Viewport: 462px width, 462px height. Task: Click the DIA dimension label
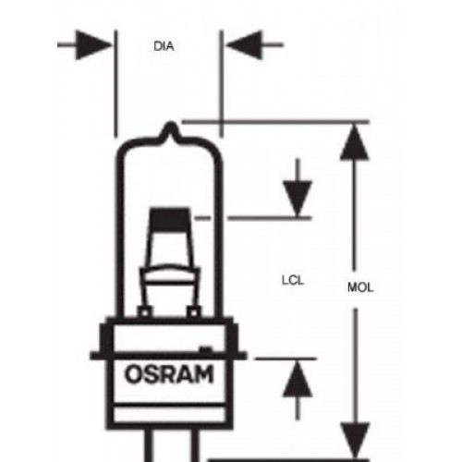164,46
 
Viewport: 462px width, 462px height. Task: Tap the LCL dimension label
293,280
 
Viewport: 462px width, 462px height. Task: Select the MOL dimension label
360,287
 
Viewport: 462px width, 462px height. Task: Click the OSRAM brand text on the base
169,374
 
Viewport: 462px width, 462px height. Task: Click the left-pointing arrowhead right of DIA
244,45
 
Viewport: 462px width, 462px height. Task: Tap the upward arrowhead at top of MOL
355,141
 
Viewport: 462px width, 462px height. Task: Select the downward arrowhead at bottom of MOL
355,441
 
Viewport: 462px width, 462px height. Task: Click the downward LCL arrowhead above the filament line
298,200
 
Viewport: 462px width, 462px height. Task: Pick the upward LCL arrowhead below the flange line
298,379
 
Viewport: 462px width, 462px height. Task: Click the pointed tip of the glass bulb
170,123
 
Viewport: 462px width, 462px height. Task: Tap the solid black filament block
169,219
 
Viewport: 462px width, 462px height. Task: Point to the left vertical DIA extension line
115,83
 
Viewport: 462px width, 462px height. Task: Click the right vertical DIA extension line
221,83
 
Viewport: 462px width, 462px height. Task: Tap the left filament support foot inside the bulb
144,312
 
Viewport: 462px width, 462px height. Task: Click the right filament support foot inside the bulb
194,312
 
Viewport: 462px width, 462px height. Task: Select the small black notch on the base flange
206,349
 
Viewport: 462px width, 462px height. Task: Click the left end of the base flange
91,356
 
